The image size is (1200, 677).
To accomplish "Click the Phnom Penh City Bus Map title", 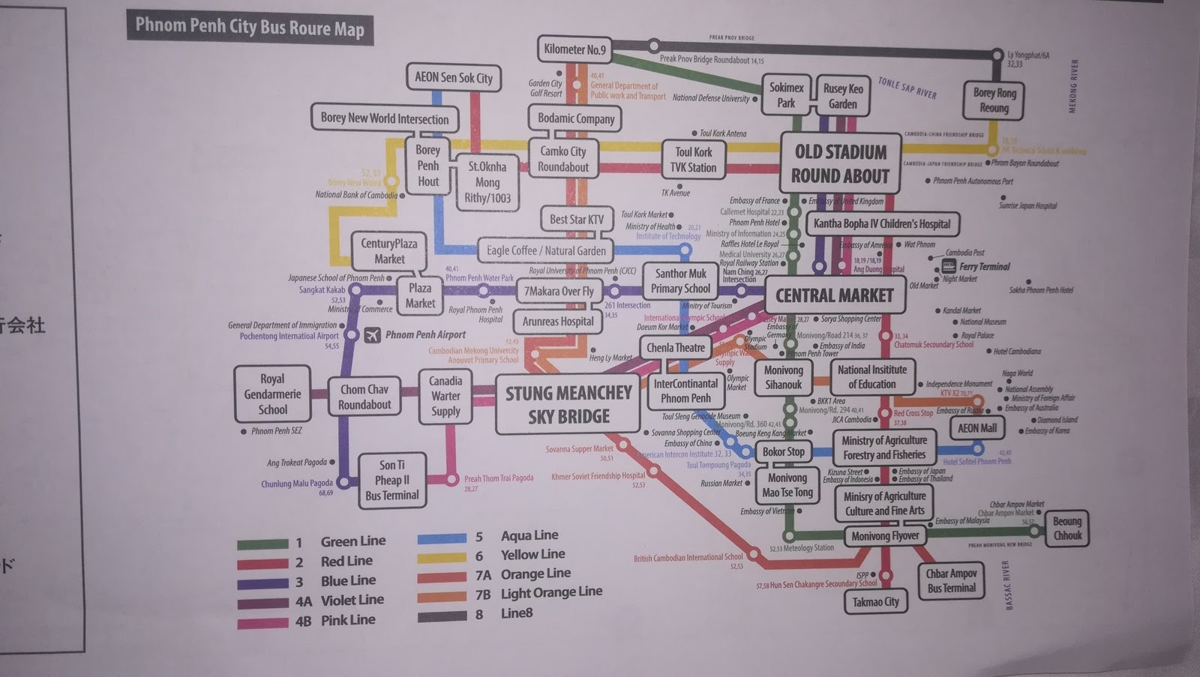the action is tap(249, 28).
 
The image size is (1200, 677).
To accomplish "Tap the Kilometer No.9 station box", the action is tap(574, 49).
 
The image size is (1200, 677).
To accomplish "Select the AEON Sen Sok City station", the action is tap(454, 78).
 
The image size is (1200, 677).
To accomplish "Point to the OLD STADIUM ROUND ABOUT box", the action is tap(840, 163).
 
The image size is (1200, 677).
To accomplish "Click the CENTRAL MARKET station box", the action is tap(834, 295).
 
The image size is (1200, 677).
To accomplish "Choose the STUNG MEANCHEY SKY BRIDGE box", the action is tap(568, 405).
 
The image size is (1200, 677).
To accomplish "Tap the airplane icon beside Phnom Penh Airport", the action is tap(372, 335).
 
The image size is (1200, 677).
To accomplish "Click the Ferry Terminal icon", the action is tap(948, 266).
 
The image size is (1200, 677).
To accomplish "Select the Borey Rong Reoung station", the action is tap(994, 100).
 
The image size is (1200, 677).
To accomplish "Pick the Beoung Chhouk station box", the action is tap(1066, 528).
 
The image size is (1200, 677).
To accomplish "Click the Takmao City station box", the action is tap(875, 601).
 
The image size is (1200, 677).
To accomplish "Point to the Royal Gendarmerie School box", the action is tap(272, 394).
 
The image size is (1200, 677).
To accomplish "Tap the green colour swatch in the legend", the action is tap(262, 544).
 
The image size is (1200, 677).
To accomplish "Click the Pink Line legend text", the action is tap(348, 620).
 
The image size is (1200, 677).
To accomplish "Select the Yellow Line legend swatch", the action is tap(442, 557).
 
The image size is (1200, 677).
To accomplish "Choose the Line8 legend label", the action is tap(517, 613).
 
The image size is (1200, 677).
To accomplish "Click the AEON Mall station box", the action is tap(978, 428).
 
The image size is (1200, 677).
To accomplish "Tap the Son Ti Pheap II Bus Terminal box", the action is tap(391, 481).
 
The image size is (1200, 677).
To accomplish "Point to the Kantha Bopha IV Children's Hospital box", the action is tap(882, 223).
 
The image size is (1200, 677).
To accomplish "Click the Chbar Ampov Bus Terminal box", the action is tap(950, 580).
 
